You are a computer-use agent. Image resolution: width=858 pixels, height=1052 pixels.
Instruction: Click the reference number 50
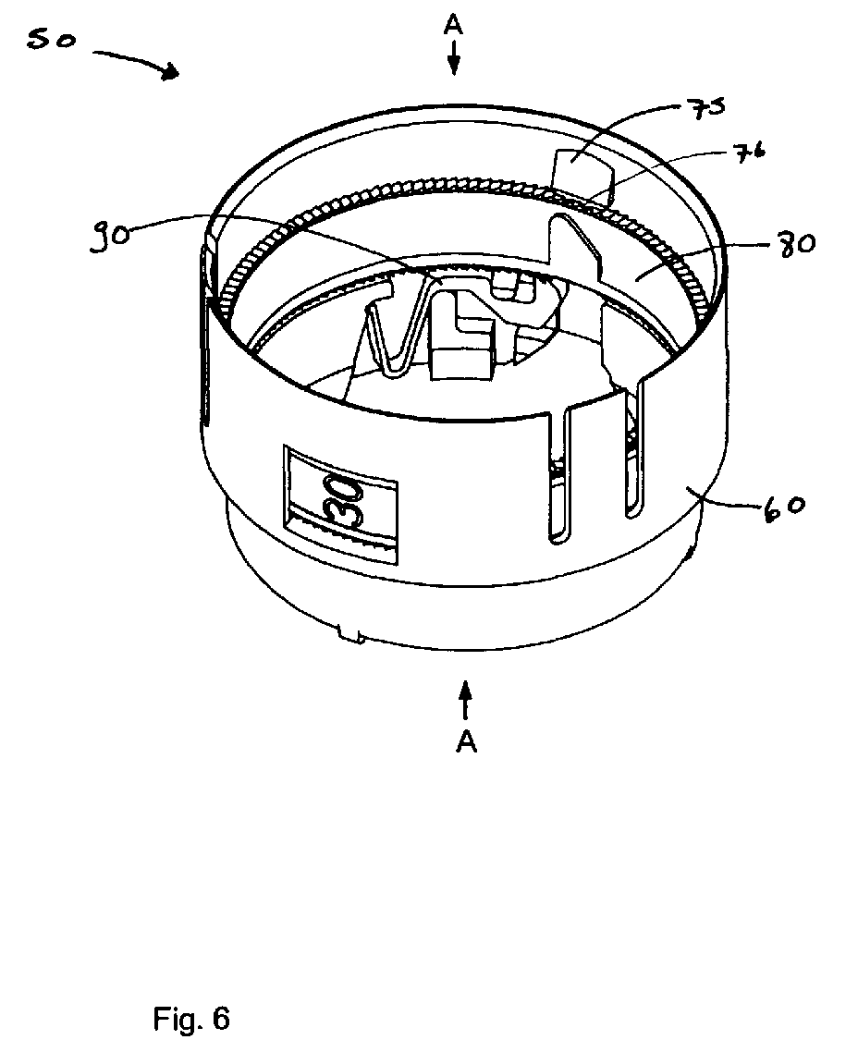tap(51, 41)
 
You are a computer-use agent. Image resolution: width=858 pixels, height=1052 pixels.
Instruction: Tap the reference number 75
tap(704, 108)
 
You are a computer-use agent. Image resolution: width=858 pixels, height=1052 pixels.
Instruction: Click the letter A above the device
tap(454, 26)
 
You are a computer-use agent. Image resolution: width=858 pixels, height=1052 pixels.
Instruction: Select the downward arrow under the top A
tap(454, 57)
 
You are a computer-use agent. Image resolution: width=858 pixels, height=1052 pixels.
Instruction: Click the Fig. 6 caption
tap(192, 1019)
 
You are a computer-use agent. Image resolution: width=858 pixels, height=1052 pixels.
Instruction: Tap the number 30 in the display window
tap(343, 499)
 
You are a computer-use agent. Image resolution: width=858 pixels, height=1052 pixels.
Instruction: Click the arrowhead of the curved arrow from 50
tap(170, 72)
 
